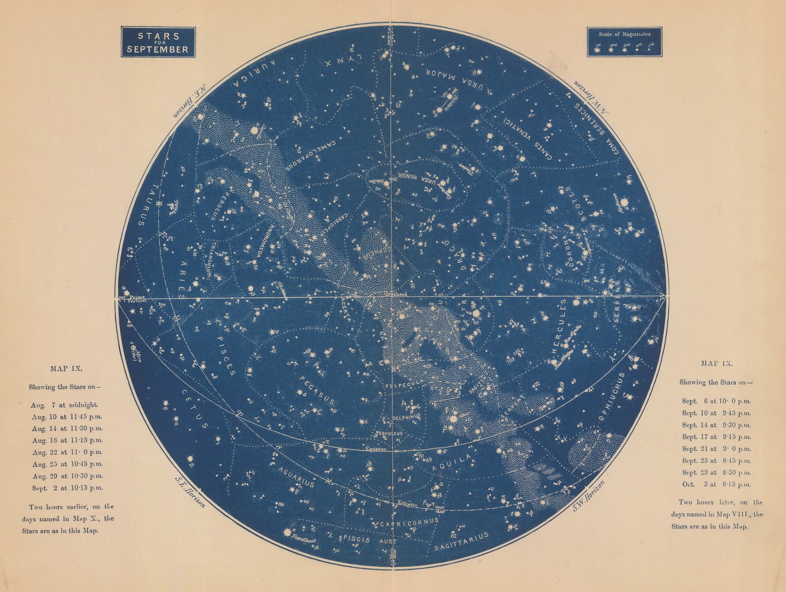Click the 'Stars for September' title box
(x=158, y=42)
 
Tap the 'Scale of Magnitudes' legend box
(x=624, y=42)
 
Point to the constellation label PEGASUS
(x=317, y=391)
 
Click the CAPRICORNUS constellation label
(x=409, y=523)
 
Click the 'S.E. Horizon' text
(x=190, y=491)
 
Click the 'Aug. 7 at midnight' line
(x=64, y=405)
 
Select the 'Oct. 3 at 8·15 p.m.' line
(x=716, y=484)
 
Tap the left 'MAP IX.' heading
(x=66, y=368)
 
